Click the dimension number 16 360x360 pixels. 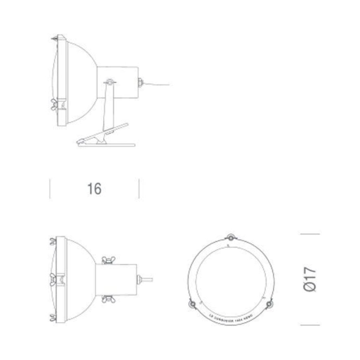pyautogui.click(x=94, y=189)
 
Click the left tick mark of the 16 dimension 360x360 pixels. pyautogui.click(x=50, y=189)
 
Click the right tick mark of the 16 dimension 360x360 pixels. pyautogui.click(x=139, y=189)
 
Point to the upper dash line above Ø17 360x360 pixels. pyautogui.click(x=310, y=234)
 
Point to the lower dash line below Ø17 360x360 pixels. pyautogui.click(x=310, y=325)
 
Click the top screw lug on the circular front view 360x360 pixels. pyautogui.click(x=231, y=237)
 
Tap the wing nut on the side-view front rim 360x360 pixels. pyautogui.click(x=54, y=104)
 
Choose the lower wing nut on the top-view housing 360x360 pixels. pyautogui.click(x=108, y=299)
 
